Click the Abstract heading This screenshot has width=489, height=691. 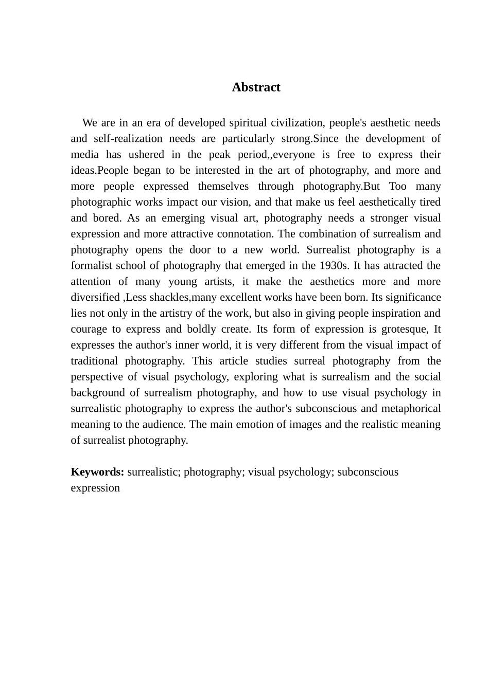[x=256, y=87]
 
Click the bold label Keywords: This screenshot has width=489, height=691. [x=97, y=472]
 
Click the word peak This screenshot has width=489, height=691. [x=220, y=154]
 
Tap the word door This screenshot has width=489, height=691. [x=200, y=250]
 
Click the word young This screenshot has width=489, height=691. [x=182, y=282]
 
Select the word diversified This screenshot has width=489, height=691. [x=95, y=298]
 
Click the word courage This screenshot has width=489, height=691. [x=88, y=329]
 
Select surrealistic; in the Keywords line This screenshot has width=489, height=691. [x=153, y=472]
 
